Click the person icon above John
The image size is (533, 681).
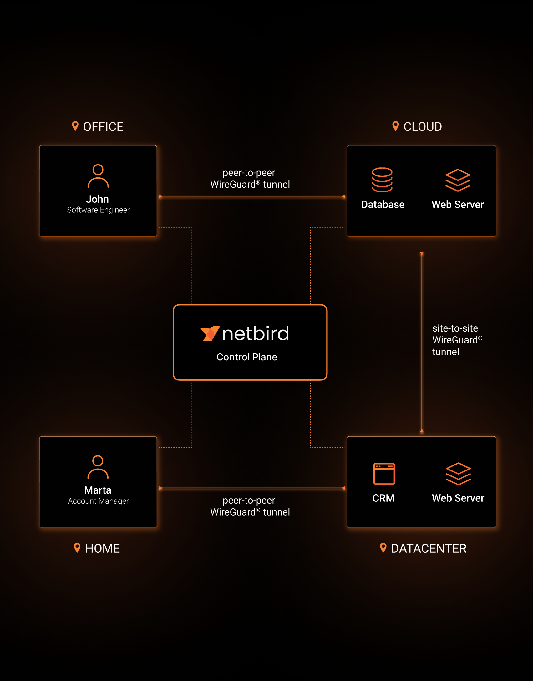[x=98, y=176]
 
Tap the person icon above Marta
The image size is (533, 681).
[x=98, y=467]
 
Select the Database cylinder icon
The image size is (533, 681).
[x=382, y=180]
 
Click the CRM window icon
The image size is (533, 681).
[x=384, y=474]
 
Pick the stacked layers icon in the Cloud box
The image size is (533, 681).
[x=458, y=180]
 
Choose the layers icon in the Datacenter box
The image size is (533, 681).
[x=458, y=474]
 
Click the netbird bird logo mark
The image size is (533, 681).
[x=209, y=333]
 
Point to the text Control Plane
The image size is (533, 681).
[x=247, y=357]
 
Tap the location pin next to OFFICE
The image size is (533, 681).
[x=75, y=126]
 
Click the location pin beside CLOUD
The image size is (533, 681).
[x=395, y=126]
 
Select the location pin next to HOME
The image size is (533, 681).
[x=77, y=548]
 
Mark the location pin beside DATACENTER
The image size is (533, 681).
[x=383, y=548]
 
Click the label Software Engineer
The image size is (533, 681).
[x=98, y=210]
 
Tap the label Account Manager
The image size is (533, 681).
[x=98, y=501]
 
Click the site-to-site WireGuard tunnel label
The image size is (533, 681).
[x=456, y=340]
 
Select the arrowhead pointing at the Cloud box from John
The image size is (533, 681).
[x=343, y=196]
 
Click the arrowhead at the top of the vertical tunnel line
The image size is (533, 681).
[x=422, y=254]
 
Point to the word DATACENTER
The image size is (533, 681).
[x=429, y=548]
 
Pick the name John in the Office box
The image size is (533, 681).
[x=97, y=199]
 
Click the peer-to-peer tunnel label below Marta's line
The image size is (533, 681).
[x=250, y=506]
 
